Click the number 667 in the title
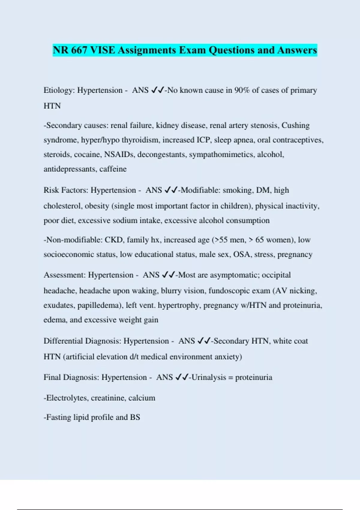(x=79, y=50)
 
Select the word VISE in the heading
(x=102, y=50)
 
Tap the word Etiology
(x=59, y=90)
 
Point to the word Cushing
(x=295, y=125)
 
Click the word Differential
(x=63, y=341)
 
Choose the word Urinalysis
(x=208, y=377)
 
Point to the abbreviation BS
(x=135, y=417)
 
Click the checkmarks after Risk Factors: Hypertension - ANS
(x=171, y=190)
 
